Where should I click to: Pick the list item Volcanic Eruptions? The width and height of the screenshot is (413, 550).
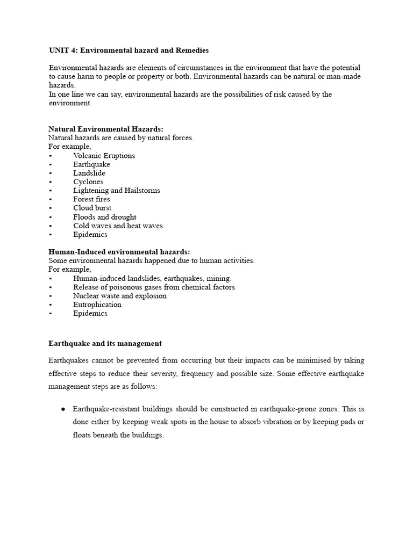[x=104, y=156]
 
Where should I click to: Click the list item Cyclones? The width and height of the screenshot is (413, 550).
[x=89, y=182]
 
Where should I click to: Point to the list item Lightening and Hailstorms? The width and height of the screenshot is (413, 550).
[x=117, y=190]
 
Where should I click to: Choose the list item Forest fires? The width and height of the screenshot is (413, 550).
[x=92, y=199]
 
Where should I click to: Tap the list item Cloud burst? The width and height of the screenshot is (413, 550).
[x=92, y=208]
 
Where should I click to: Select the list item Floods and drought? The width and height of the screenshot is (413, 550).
[x=105, y=217]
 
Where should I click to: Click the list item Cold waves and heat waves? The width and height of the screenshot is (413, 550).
[x=118, y=226]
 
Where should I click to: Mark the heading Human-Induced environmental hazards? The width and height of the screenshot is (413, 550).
[x=119, y=252]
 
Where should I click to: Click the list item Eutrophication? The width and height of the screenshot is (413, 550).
[x=97, y=305]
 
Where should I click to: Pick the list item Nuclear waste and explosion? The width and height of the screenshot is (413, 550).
[x=120, y=296]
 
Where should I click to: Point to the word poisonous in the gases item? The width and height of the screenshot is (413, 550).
[x=122, y=287]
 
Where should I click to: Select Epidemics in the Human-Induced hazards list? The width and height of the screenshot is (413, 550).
[x=90, y=313]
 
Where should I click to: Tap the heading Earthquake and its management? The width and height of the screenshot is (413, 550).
[x=105, y=344]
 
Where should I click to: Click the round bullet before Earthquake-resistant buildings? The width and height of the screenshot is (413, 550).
[x=63, y=409]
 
